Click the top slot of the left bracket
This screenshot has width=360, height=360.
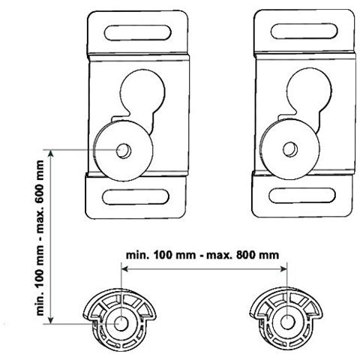click(138, 32)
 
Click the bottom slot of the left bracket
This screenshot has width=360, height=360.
click(136, 197)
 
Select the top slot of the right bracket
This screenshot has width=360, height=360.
click(304, 31)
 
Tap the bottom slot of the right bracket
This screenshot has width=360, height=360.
click(302, 195)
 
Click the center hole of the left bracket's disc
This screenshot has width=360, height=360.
click(124, 151)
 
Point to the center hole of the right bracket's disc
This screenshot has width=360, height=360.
click(290, 149)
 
